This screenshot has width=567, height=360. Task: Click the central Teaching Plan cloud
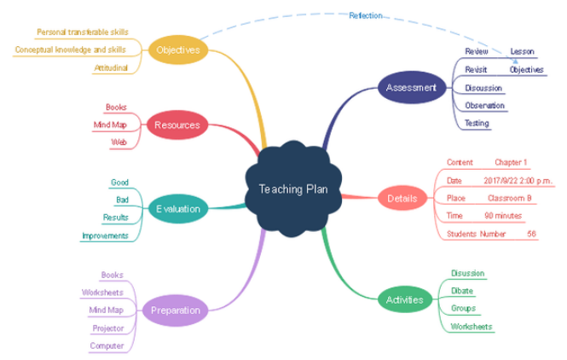point(293,189)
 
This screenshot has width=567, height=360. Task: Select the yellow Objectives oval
point(178,49)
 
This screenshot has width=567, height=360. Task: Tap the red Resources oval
point(177,125)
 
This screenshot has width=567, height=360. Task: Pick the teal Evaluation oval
point(178,209)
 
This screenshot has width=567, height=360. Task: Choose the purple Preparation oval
point(176,311)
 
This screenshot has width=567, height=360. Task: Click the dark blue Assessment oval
point(412,87)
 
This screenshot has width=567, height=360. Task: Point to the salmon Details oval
point(402,198)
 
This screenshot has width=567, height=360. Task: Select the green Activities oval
point(405,299)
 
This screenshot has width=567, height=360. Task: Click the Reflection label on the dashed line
point(366,15)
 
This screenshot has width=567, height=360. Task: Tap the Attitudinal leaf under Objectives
point(111,67)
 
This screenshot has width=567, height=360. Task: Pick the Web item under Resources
point(119,142)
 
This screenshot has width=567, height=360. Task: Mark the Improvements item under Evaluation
point(105,236)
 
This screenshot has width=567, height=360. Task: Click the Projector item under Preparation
point(108,328)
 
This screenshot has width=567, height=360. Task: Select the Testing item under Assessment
point(477,124)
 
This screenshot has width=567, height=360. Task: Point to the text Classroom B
point(510,198)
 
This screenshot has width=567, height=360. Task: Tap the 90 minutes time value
point(503,216)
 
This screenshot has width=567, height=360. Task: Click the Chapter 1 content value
point(511,162)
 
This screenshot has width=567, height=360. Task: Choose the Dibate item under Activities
point(462,291)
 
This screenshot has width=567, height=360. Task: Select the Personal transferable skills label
point(83,32)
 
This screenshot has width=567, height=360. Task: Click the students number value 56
point(531,234)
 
